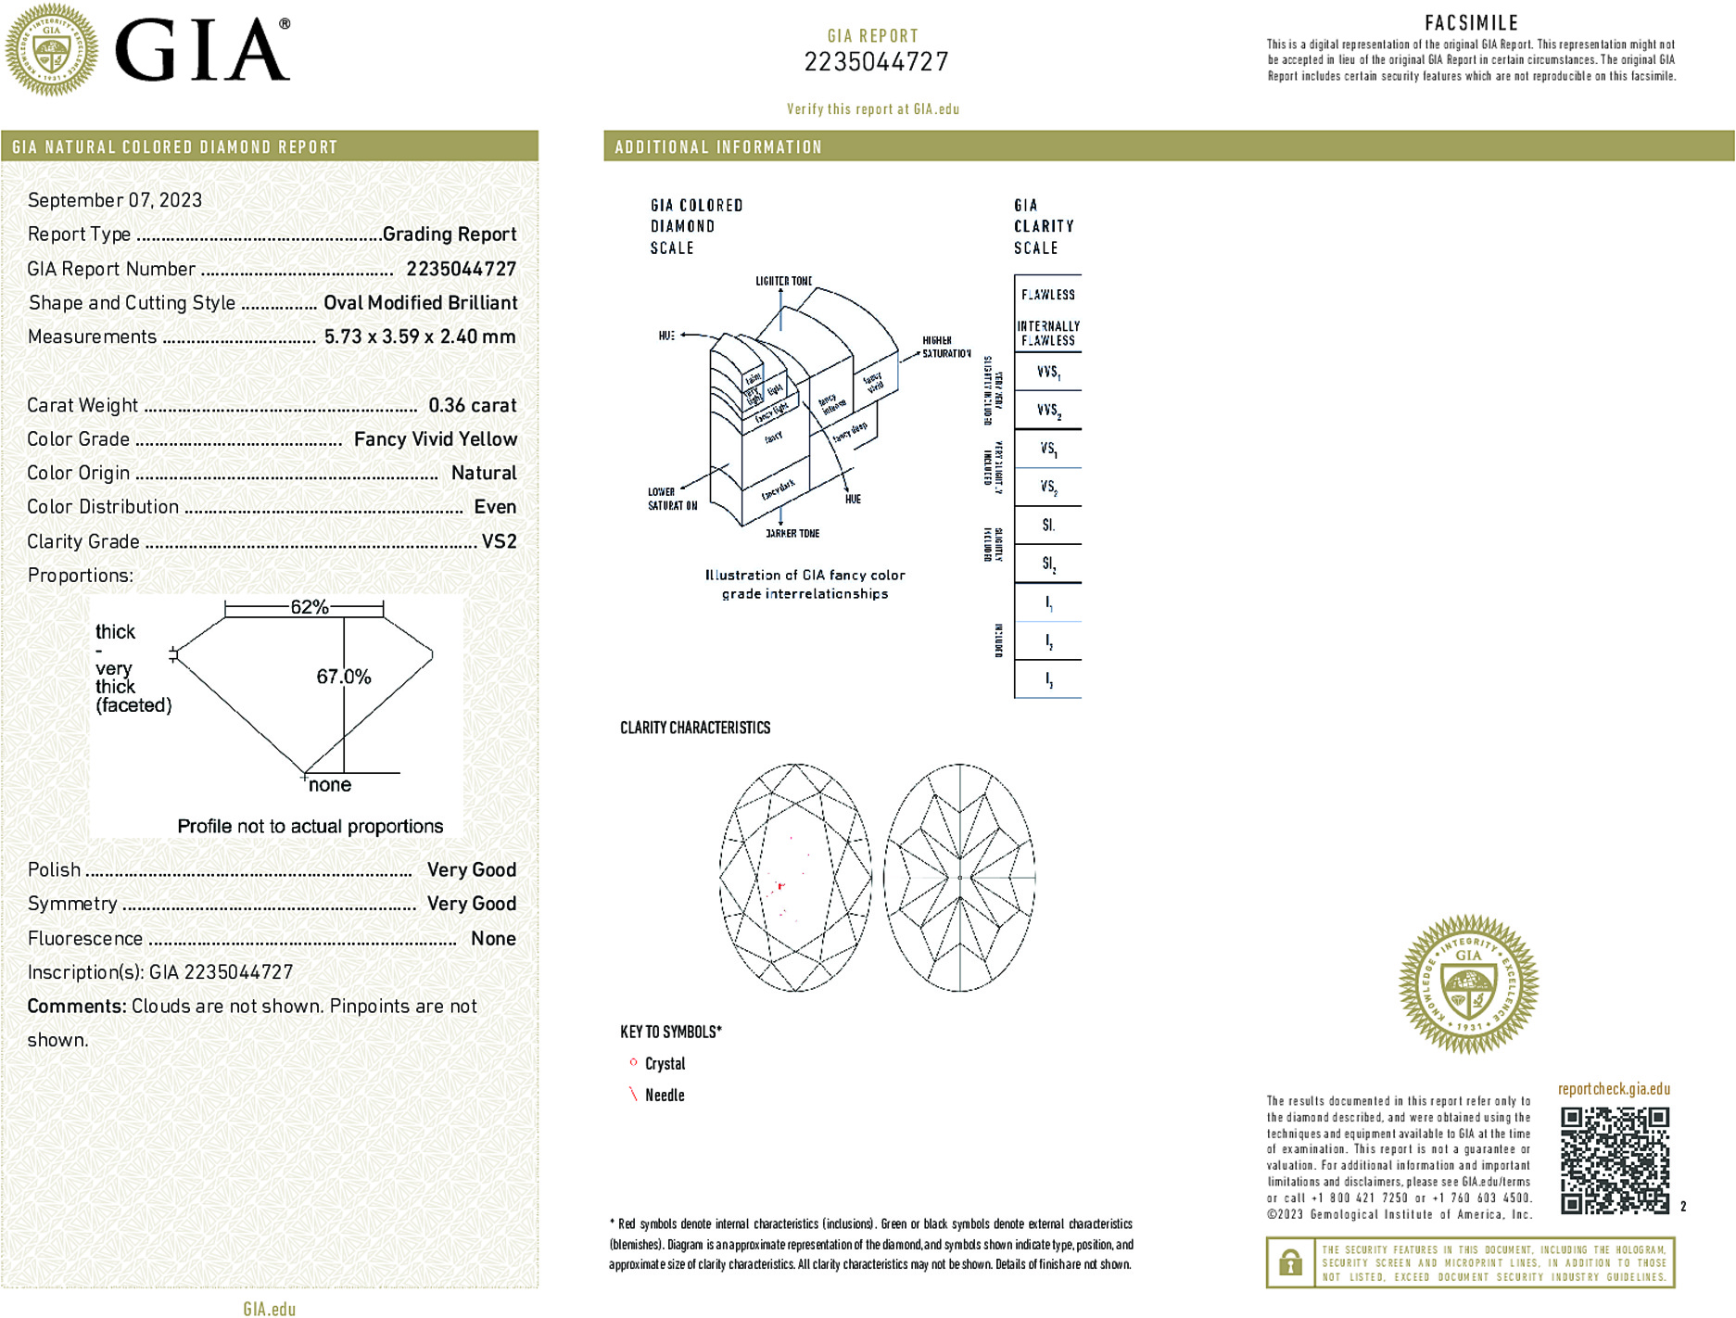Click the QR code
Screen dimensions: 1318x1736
1615,1160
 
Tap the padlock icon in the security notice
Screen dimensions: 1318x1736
1290,1262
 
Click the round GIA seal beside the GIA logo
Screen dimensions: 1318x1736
52,50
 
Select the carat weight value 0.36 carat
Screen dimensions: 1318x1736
472,405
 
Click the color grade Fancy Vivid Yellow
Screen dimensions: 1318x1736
436,439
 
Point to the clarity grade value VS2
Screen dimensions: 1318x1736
499,541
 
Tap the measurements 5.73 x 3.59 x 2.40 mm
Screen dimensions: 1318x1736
420,336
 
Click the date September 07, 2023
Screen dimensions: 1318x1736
115,200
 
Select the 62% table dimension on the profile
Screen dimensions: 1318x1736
310,607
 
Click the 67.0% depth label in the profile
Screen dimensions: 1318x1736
344,677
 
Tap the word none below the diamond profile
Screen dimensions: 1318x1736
330,785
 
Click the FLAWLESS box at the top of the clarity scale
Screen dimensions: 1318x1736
1048,295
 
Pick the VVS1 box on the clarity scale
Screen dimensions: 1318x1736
1048,372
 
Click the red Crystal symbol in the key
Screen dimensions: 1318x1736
633,1062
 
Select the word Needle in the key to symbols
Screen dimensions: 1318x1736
665,1096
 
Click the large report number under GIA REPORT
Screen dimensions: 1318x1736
876,62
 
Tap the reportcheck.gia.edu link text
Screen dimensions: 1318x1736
1614,1089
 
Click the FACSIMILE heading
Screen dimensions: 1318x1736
1471,23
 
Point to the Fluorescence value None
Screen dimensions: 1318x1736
493,938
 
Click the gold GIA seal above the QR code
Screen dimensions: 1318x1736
1468,984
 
